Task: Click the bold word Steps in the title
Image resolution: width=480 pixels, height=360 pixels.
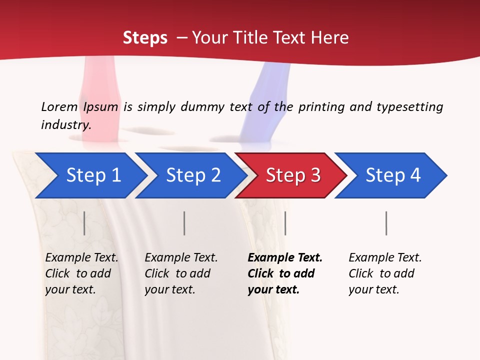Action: pos(145,38)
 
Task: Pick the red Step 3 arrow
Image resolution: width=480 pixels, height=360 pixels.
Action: pos(293,175)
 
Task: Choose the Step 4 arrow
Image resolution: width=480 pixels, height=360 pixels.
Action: pos(393,175)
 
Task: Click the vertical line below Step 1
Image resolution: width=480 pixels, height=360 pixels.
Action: pos(84,223)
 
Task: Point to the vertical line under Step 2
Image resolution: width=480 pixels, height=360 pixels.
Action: pos(184,223)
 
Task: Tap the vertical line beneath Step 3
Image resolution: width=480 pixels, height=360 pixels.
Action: pos(285,223)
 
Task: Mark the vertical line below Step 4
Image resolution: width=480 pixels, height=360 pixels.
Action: pos(386,223)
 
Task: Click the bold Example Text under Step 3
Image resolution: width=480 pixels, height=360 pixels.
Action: pos(284,273)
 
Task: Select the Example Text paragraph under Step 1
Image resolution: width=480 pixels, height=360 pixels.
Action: pos(81,273)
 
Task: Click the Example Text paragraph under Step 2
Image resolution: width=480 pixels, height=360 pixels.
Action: pos(181,273)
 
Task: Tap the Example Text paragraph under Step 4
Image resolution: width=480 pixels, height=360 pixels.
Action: pos(385,273)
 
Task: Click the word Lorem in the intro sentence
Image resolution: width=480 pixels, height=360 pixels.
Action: pos(59,106)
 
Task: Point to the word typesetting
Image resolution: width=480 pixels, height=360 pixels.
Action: pos(409,106)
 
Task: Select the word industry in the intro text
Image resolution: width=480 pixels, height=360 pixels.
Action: pos(66,124)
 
